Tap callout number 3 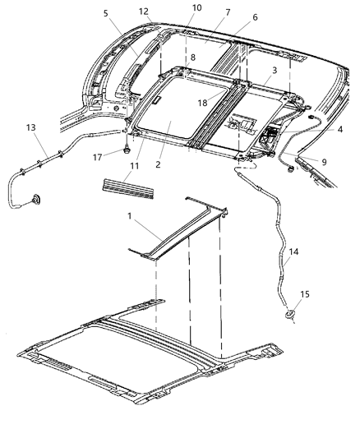(275, 71)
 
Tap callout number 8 (192, 58)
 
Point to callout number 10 (196, 7)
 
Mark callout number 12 (144, 12)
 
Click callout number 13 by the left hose (31, 128)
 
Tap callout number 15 (307, 294)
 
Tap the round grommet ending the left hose (35, 200)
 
